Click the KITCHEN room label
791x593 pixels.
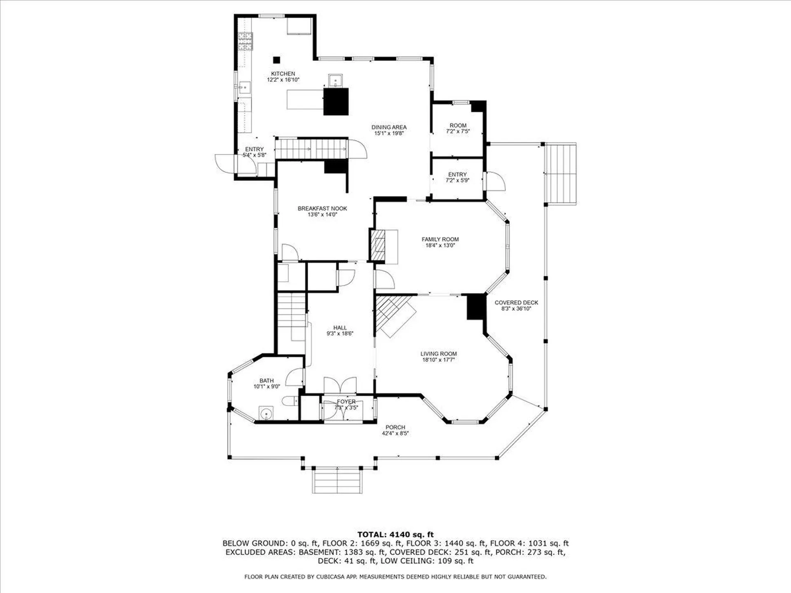[x=283, y=74]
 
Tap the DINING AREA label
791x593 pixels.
[x=389, y=127]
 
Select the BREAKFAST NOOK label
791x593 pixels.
[x=322, y=208]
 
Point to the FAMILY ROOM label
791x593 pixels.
[x=440, y=239]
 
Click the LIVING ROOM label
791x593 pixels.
[x=438, y=354]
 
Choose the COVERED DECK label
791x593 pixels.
[x=516, y=303]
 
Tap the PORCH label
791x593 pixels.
[x=395, y=427]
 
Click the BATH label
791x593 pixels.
[x=267, y=381]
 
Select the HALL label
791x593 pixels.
[x=340, y=328]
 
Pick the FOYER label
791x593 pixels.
[x=346, y=402]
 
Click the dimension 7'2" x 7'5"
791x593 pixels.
[x=458, y=131]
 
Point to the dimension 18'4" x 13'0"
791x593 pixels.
[x=440, y=245]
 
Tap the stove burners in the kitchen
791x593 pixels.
[x=245, y=41]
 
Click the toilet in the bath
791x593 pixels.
[x=290, y=401]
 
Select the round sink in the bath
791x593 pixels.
[x=267, y=413]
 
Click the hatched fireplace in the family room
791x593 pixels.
[x=378, y=245]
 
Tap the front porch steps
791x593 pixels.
[x=337, y=481]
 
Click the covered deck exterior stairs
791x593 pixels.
[x=560, y=173]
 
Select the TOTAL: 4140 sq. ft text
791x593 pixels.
[x=395, y=535]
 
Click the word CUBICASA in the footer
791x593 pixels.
[x=331, y=577]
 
